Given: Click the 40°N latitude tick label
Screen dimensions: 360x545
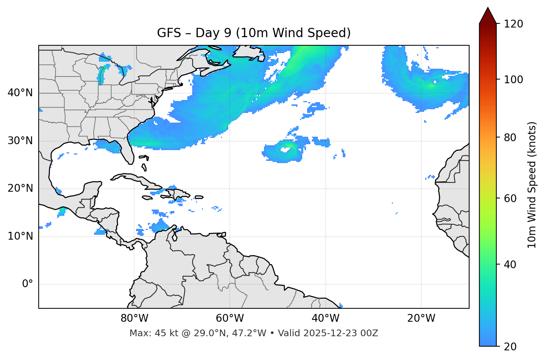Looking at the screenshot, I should click(20, 93).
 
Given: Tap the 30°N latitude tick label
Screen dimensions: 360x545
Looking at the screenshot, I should click(20, 141).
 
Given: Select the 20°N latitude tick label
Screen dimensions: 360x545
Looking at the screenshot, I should click(20, 188).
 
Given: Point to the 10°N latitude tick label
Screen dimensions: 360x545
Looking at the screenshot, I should click(20, 236).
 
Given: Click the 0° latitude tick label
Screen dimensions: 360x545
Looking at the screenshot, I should click(28, 284).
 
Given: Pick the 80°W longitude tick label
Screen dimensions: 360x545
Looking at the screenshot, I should click(134, 318).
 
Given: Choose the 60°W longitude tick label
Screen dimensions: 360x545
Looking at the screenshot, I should click(230, 318).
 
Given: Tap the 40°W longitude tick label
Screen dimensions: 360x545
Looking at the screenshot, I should click(325, 318).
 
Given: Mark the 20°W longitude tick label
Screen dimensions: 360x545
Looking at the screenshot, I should click(421, 318).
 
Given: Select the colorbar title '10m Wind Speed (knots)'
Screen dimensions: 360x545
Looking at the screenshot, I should click(532, 185).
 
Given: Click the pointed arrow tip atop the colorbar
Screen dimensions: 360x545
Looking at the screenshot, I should click(488, 9).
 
